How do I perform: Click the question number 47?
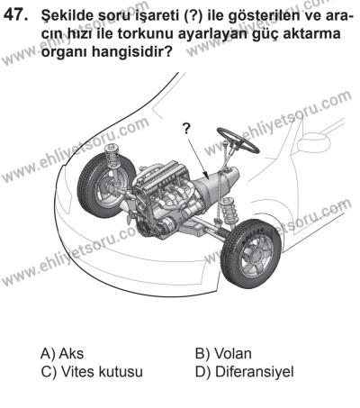click(x=15, y=14)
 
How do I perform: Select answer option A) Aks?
click(x=62, y=353)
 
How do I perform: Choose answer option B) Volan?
click(x=223, y=353)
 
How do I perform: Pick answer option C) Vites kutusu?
click(x=92, y=372)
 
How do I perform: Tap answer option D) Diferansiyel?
click(x=244, y=372)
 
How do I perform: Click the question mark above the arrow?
click(x=186, y=129)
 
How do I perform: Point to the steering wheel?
click(x=238, y=141)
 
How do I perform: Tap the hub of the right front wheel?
click(x=256, y=255)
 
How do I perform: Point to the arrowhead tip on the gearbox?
click(x=209, y=179)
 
